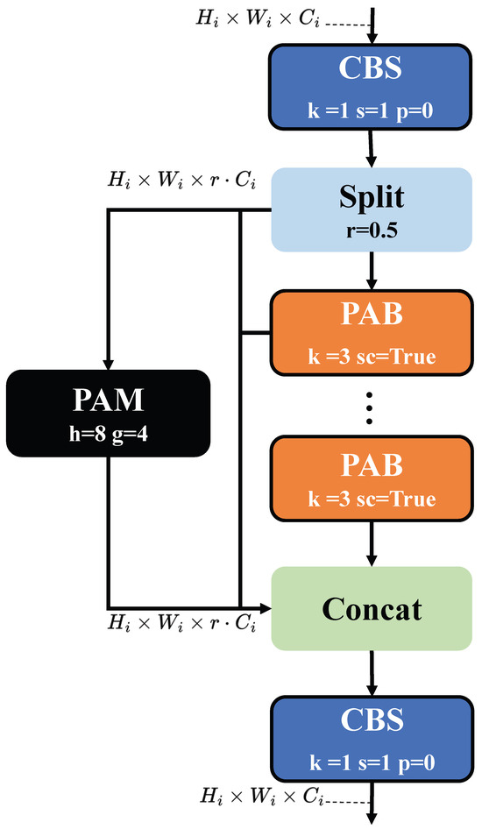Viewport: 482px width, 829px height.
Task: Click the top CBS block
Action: click(370, 88)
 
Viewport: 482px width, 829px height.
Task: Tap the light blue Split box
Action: click(372, 209)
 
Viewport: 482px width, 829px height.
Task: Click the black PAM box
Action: click(109, 413)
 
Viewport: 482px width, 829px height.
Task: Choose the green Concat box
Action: click(372, 608)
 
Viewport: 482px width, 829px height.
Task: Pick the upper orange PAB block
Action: click(371, 332)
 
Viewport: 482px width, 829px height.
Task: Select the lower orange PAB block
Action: click(371, 478)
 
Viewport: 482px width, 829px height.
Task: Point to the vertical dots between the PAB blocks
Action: click(370, 407)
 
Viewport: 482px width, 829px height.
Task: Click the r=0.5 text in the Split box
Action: click(372, 231)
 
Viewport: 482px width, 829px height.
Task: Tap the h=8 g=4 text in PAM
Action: click(109, 434)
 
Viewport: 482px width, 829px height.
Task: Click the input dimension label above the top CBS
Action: click(258, 18)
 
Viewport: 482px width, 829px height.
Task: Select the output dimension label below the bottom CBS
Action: click(261, 796)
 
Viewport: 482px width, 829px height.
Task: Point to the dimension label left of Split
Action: click(182, 181)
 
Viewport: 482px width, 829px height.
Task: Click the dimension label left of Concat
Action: click(182, 623)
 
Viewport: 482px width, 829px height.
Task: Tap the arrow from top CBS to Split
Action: click(372, 149)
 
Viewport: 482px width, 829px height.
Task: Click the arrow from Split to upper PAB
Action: click(372, 271)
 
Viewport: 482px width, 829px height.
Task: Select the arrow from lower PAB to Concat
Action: click(372, 544)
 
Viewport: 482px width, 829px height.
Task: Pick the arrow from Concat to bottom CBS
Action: click(372, 674)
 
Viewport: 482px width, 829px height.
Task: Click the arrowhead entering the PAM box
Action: click(109, 365)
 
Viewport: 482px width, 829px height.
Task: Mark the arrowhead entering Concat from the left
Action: click(265, 608)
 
